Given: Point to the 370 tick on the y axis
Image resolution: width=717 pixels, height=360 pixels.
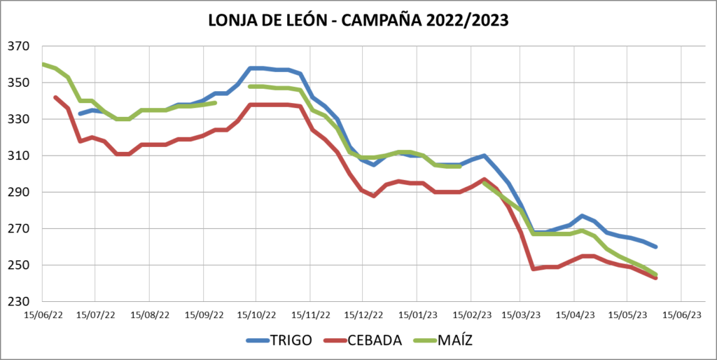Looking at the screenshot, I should point(19,46).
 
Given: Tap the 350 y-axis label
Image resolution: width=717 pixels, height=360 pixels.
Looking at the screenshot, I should point(19,83).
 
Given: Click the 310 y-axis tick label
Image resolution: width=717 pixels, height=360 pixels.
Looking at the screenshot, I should point(19,155).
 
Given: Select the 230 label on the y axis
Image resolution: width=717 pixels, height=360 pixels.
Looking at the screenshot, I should point(19,302).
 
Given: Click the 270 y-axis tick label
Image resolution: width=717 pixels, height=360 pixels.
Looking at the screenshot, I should point(19,229).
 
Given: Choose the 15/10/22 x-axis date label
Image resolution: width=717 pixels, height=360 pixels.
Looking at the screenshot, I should point(256,314).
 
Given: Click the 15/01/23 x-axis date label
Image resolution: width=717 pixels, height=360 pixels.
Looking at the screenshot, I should point(418,314).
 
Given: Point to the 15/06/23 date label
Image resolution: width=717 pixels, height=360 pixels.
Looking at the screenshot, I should point(683,314).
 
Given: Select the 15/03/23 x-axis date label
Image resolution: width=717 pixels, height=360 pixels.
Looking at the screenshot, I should point(522,314).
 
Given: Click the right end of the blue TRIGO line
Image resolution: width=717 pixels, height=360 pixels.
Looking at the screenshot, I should point(655,247).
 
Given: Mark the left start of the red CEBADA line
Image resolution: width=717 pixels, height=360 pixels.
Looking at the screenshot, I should point(55,97).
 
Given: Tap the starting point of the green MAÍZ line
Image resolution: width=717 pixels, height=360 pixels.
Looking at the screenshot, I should point(43,64).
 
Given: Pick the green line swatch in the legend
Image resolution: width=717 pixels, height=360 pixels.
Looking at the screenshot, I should point(424,340).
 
